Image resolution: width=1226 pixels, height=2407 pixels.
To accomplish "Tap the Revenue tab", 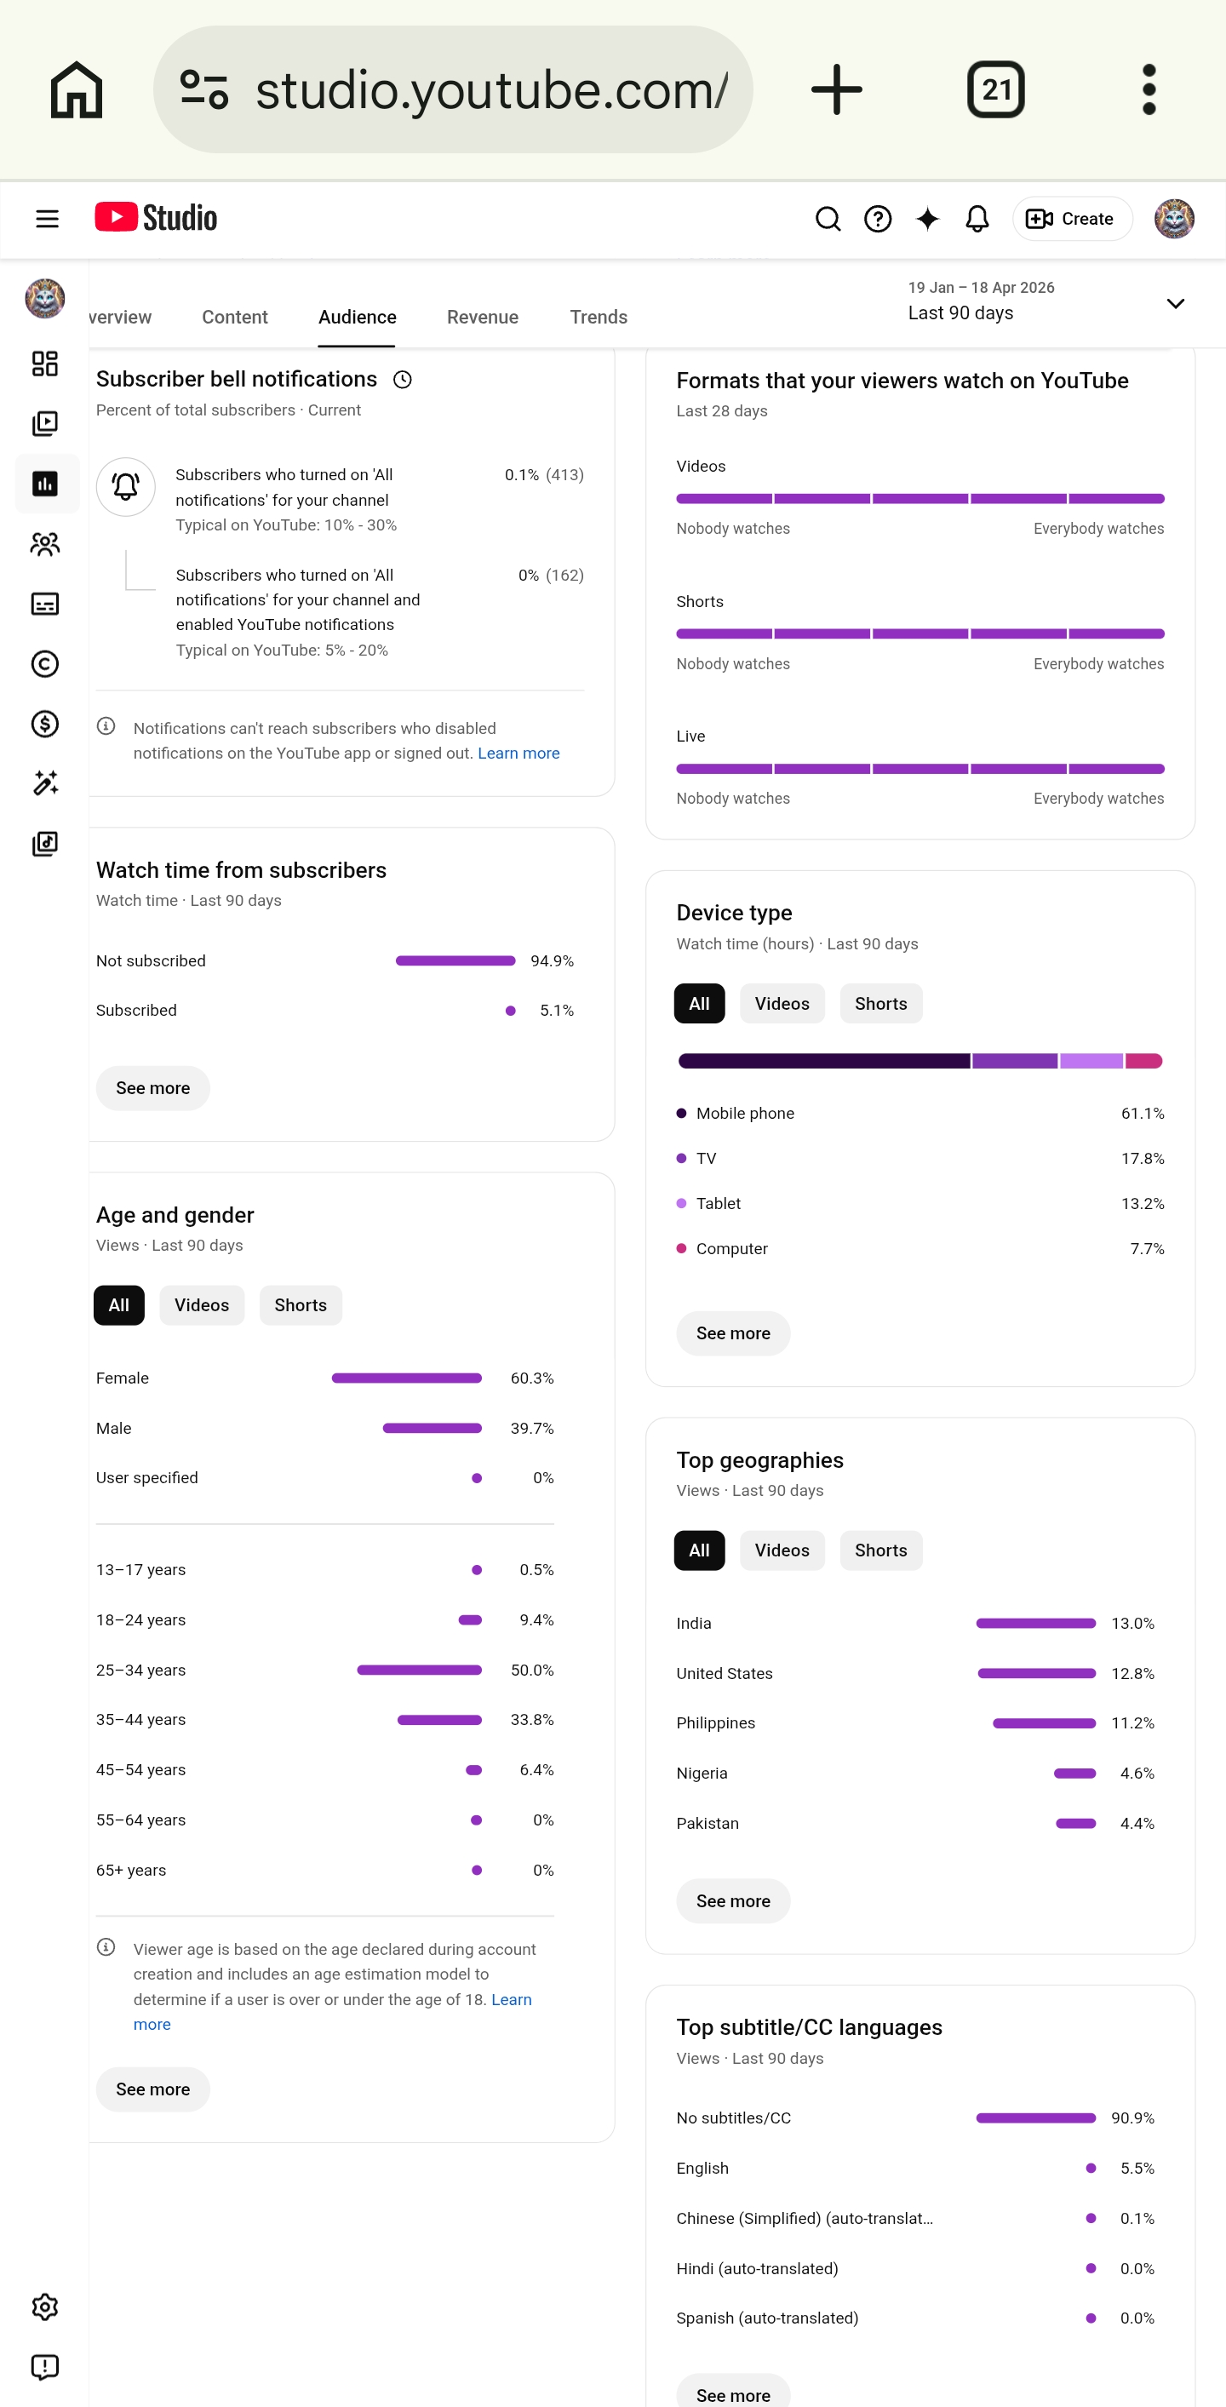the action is tap(482, 317).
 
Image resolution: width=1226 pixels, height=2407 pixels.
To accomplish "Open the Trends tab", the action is tap(598, 317).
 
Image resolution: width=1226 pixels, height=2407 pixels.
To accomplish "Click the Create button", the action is tap(1072, 219).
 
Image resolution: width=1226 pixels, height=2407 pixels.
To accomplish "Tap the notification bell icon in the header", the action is tap(977, 219).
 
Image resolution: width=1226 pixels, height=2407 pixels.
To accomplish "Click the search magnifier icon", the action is tap(828, 219).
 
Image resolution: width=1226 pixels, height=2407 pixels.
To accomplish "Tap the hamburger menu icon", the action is tap(47, 219).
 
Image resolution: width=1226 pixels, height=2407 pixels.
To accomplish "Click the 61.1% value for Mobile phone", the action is tap(1142, 1113).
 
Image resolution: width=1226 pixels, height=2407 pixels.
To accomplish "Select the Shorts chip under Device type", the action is tap(880, 1004).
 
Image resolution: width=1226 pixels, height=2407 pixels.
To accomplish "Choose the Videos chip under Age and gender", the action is tap(202, 1305).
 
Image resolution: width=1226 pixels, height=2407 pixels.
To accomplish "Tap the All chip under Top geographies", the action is tap(699, 1550).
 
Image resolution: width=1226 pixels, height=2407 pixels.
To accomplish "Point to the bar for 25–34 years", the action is tap(420, 1670).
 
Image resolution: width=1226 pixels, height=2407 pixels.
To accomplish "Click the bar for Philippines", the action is tap(1044, 1723).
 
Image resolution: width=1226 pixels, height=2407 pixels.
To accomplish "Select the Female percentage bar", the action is tap(406, 1378).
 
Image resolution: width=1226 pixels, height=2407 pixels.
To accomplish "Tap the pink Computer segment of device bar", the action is tap(1143, 1061).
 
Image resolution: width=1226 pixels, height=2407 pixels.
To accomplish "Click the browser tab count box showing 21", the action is tap(995, 89).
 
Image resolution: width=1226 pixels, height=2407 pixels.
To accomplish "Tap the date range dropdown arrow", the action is tap(1176, 303).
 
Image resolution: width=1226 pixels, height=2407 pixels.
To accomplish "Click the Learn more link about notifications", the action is tap(518, 754).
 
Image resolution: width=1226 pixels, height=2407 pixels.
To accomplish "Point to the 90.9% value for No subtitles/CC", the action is tap(1132, 2118).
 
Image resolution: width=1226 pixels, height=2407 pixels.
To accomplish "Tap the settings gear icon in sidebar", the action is tap(45, 2307).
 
